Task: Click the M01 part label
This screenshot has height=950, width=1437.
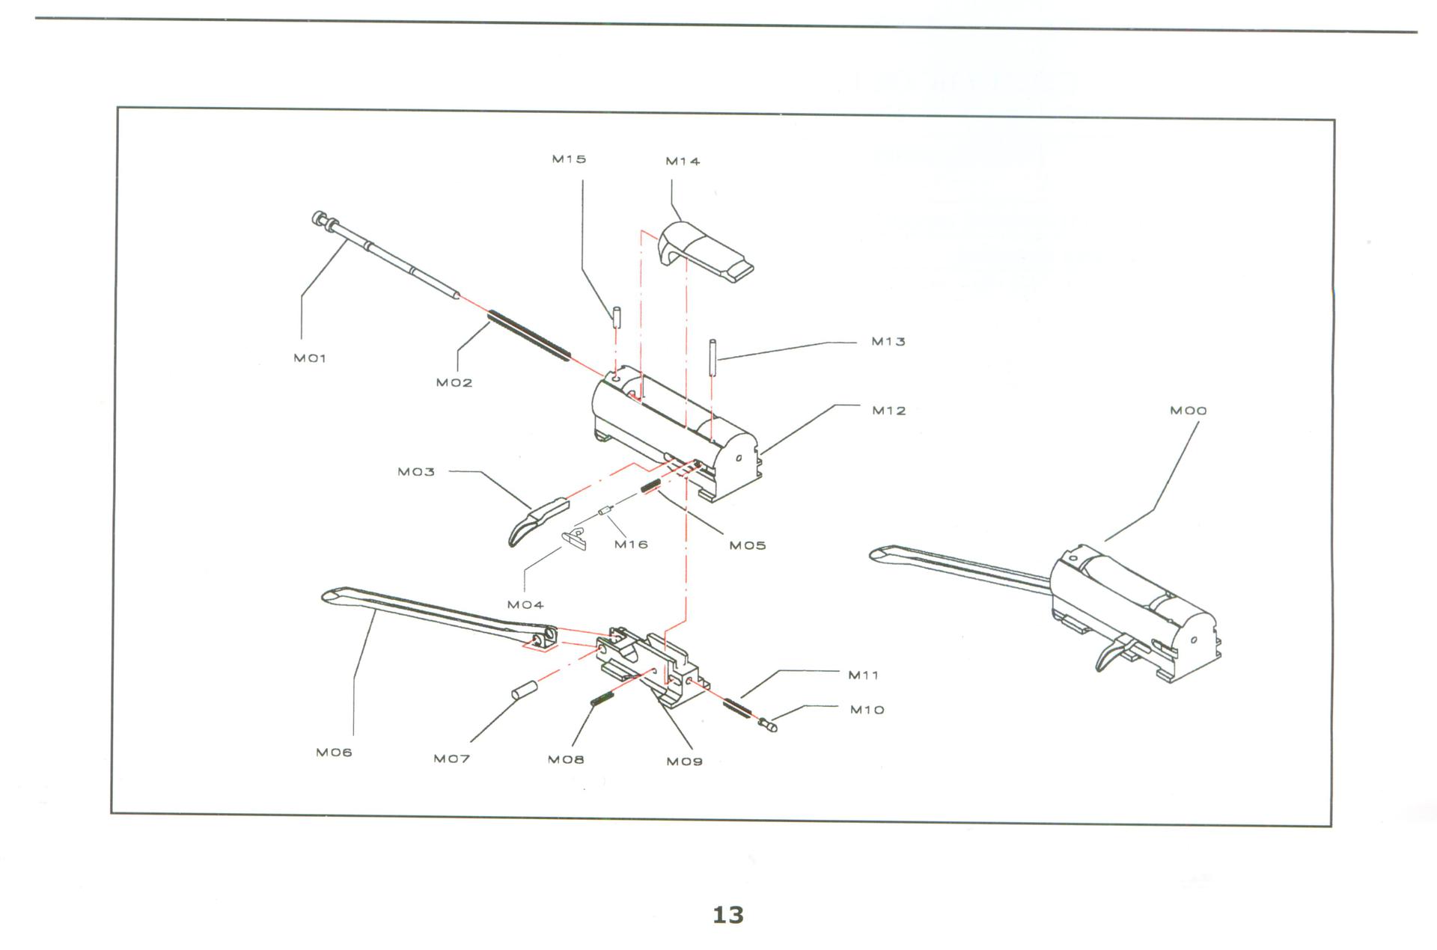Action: [x=310, y=358]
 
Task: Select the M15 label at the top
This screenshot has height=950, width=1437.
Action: [x=569, y=159]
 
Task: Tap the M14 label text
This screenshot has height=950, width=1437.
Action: [x=683, y=162]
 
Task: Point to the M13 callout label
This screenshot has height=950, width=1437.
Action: [x=888, y=342]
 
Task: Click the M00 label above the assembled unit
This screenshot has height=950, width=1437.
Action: [x=1188, y=411]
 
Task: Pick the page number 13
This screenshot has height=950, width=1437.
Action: [x=727, y=915]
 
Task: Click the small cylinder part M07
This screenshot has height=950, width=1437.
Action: [x=524, y=689]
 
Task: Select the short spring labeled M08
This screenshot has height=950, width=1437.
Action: [x=602, y=699]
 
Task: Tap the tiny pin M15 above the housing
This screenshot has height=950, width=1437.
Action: [x=617, y=316]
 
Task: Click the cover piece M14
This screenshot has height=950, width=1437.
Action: [x=704, y=251]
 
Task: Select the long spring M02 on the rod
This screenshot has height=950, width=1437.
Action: [x=529, y=336]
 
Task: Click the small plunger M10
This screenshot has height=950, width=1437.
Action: [x=768, y=723]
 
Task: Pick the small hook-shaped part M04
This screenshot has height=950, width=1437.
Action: [x=574, y=538]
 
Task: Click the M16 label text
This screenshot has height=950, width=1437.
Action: [x=630, y=545]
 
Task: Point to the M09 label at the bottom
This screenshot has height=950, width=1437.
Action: [x=684, y=761]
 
